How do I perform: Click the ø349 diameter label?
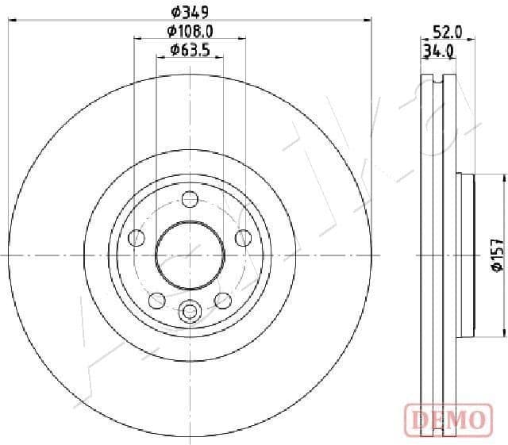tap(190, 11)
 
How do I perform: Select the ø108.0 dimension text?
tap(190, 32)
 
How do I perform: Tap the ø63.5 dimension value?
tap(190, 51)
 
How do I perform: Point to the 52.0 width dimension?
tap(447, 32)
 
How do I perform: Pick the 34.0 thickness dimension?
tap(438, 52)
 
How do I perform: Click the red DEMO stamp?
tap(447, 418)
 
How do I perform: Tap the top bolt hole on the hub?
tap(190, 198)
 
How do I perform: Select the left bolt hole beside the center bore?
tap(137, 237)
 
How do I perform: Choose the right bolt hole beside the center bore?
tap(243, 237)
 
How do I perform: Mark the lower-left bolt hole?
tap(157, 300)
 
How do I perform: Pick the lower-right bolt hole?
tap(223, 300)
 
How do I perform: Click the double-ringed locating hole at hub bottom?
tap(190, 312)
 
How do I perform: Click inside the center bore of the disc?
tap(190, 255)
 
